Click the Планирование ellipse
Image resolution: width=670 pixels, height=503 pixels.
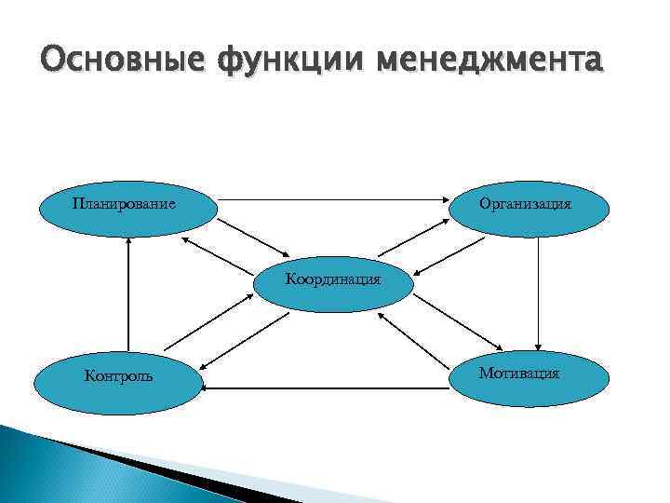tap(126, 207)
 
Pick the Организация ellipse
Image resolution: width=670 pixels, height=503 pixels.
tap(530, 207)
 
